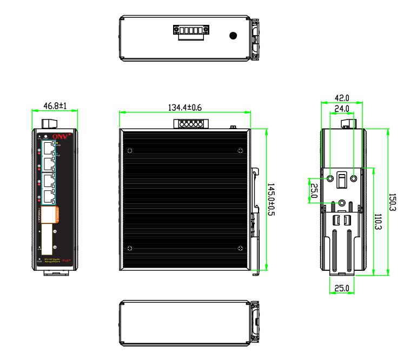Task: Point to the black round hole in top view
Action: point(233,36)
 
